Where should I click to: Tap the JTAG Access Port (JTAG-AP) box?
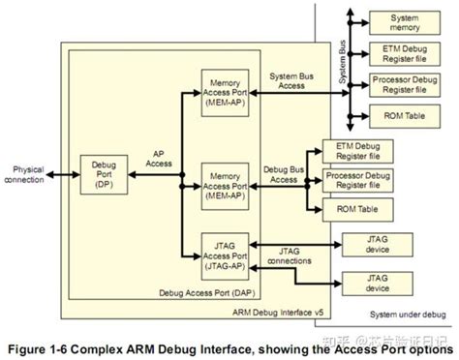(227, 252)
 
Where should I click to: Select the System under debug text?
(408, 316)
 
